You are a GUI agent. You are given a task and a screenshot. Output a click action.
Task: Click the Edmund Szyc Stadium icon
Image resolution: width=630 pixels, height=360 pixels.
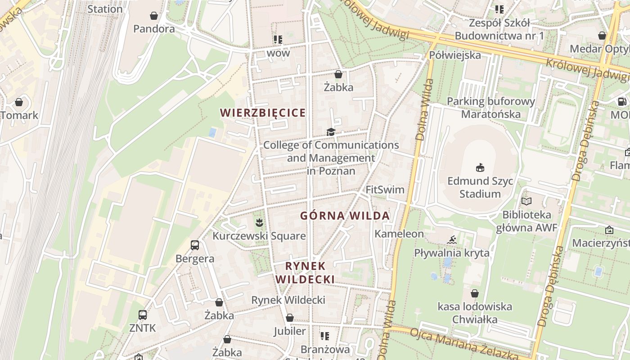pos(480,168)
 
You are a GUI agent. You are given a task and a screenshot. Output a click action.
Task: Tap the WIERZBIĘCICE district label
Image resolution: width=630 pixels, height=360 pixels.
pos(263,112)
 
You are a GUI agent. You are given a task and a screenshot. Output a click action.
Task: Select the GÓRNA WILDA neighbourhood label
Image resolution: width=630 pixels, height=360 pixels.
pos(345,216)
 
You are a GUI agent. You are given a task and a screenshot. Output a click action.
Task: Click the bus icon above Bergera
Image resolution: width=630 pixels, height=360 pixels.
pos(195,245)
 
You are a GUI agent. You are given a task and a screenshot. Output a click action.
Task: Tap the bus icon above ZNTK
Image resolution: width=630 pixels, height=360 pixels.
pos(143,315)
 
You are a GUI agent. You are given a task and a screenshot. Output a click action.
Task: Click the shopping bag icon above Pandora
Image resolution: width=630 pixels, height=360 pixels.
pos(154,16)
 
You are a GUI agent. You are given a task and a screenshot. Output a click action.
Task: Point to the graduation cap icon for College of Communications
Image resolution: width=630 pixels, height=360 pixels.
pos(331,132)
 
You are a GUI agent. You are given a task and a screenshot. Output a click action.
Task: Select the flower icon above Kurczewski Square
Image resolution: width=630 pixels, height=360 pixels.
pos(259,222)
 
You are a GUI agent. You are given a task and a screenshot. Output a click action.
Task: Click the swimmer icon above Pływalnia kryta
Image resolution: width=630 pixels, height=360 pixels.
pos(452,239)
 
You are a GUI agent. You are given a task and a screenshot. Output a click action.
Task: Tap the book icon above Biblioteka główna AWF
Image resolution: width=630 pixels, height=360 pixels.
pos(526,201)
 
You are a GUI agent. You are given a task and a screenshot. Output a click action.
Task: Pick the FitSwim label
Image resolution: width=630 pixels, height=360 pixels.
pos(385,189)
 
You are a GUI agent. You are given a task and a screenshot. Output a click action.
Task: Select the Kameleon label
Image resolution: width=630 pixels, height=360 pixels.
pos(399,234)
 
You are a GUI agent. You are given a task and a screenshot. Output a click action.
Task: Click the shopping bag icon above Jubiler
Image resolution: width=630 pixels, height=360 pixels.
pos(290,318)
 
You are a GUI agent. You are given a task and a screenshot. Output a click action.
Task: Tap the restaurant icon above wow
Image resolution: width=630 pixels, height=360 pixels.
pos(278,40)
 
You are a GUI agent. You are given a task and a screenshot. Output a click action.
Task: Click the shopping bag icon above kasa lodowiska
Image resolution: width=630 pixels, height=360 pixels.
pos(475,294)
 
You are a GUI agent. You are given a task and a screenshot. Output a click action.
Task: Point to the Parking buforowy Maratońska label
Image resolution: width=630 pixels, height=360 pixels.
pos(490,108)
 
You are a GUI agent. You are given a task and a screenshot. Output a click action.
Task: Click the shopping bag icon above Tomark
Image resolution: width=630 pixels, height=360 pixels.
pos(19,102)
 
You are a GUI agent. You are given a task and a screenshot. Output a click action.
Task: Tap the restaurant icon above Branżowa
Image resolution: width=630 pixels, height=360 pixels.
pos(325,336)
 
